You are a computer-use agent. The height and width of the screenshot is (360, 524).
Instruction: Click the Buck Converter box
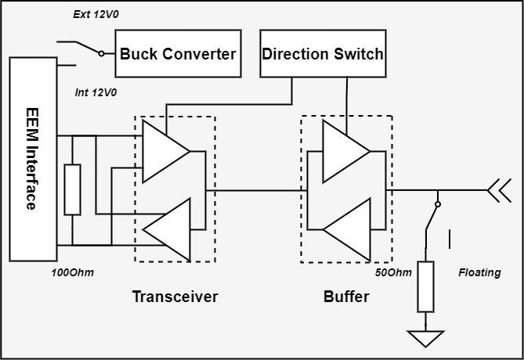(x=178, y=54)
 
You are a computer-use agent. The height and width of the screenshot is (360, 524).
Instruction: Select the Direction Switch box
(x=323, y=54)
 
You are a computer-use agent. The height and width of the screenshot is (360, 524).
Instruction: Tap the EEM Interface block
(x=31, y=159)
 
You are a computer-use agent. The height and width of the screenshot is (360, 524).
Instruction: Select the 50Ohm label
(x=393, y=272)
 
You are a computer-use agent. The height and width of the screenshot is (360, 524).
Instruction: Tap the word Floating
(x=479, y=272)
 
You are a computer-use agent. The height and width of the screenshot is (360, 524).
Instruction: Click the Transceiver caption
(x=175, y=297)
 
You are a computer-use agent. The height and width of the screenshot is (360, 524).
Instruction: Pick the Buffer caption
(x=345, y=297)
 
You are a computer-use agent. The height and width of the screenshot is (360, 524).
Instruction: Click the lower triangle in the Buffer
(x=347, y=229)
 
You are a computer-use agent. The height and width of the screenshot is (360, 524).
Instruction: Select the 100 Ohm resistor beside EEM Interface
(x=72, y=189)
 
